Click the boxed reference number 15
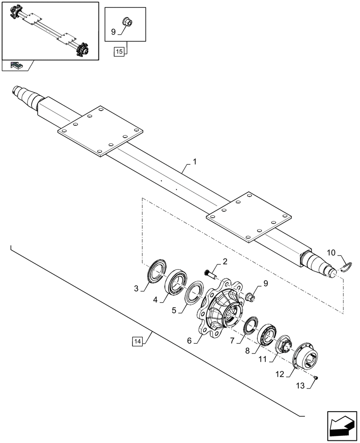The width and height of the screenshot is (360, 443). point(119,52)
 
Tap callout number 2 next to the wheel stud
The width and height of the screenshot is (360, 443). point(225,262)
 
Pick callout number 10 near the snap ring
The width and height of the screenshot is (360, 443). point(332,253)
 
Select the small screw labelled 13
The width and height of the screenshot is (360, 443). point(315,377)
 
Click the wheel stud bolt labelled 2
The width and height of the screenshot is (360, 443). point(210,274)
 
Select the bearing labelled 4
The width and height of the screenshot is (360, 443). point(176,280)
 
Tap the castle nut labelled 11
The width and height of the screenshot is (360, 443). point(282,345)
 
